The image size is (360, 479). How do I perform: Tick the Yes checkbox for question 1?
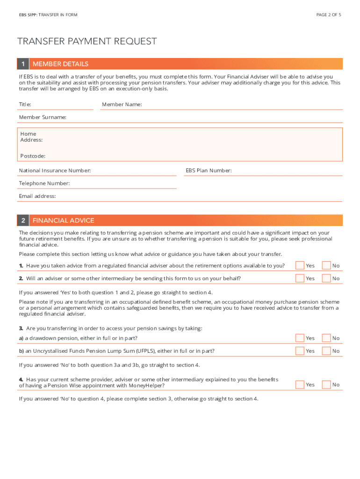click(x=300, y=266)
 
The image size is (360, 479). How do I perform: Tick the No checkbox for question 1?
click(x=326, y=266)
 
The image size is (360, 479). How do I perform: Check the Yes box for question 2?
click(x=300, y=278)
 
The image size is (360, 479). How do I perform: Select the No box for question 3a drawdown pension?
click(x=326, y=338)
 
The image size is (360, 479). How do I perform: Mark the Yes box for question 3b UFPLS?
click(x=300, y=351)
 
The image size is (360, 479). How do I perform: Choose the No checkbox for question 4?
click(x=326, y=385)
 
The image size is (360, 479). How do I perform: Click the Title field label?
click(x=25, y=104)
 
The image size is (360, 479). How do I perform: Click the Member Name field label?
click(x=122, y=104)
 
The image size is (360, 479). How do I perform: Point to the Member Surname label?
click(x=42, y=117)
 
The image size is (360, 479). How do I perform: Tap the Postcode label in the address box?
click(x=33, y=156)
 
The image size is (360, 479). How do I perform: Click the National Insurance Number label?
click(x=55, y=171)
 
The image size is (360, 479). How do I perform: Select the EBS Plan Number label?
click(x=209, y=171)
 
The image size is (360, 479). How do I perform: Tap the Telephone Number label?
click(x=44, y=183)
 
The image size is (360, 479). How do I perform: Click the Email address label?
click(x=37, y=196)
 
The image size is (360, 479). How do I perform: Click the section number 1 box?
click(x=23, y=64)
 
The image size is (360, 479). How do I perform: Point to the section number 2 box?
click(x=23, y=220)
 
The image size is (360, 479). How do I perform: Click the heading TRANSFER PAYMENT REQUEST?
click(x=87, y=41)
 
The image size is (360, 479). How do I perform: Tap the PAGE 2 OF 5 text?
click(x=329, y=15)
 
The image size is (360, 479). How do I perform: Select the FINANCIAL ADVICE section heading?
click(x=63, y=220)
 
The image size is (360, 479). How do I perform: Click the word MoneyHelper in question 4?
click(x=147, y=385)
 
